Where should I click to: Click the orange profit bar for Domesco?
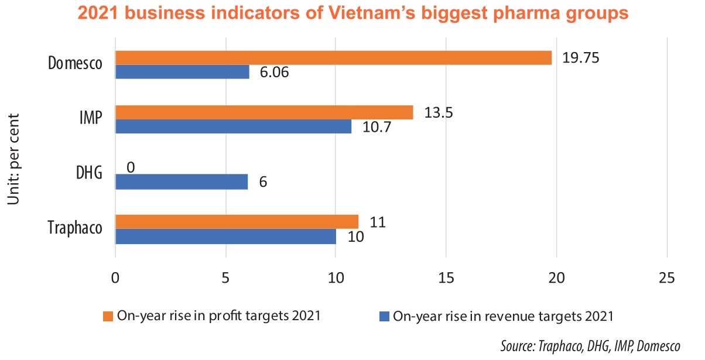(x=333, y=57)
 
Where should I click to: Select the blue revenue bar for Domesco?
(x=182, y=72)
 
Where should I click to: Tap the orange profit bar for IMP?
(x=264, y=112)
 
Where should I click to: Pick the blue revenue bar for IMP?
(x=233, y=126)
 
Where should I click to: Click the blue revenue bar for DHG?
(x=182, y=182)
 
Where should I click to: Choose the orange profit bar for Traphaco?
(x=237, y=222)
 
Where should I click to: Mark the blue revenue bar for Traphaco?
(x=225, y=236)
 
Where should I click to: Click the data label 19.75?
(x=581, y=58)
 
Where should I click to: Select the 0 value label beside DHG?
(x=131, y=167)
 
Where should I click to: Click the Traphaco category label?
(x=75, y=228)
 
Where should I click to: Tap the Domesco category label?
(x=75, y=64)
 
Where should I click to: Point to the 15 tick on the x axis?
(x=446, y=277)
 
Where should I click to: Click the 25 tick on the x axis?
(x=666, y=277)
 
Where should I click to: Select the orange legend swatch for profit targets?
(x=108, y=317)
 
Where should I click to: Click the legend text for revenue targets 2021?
(x=503, y=317)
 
